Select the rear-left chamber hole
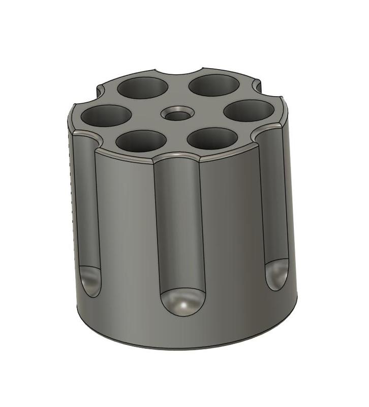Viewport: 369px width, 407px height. pos(143,88)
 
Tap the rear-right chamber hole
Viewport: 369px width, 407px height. pos(214,84)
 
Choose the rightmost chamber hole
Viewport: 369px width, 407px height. pos(249,111)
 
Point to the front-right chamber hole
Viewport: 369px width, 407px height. pos(212,138)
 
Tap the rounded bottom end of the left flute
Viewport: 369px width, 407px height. pos(90,280)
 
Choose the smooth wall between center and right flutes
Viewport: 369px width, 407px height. pos(234,224)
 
